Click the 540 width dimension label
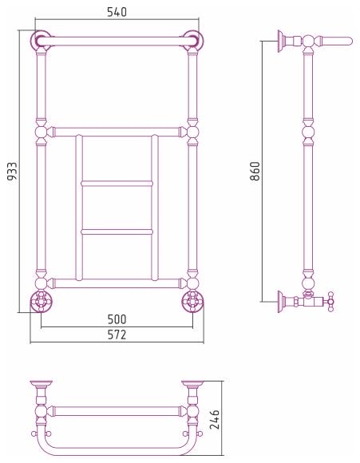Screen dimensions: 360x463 (117, 12)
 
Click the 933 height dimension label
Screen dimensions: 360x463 (13, 172)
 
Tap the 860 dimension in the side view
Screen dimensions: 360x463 (255, 171)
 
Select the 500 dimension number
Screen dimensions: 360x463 (117, 319)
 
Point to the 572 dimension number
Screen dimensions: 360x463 (117, 334)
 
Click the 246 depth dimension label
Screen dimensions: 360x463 (215, 419)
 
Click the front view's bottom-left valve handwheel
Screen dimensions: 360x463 (42, 301)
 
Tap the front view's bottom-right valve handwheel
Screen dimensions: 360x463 (192, 301)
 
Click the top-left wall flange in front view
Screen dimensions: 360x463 (41, 40)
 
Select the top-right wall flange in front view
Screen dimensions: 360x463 (193, 40)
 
